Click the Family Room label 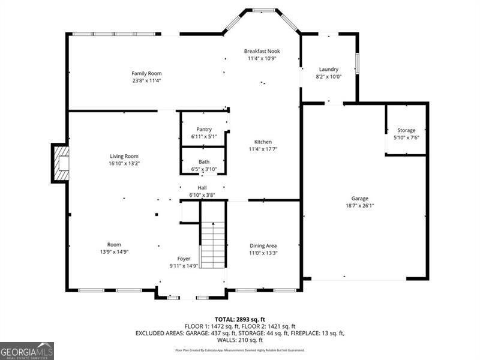[147, 73]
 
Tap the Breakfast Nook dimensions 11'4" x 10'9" [263, 59]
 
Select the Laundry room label [329, 69]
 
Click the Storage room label [406, 130]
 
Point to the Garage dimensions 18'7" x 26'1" [360, 206]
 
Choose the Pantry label [204, 129]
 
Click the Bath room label [204, 162]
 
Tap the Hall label [202, 187]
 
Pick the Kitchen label [263, 142]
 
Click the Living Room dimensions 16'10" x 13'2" [124, 164]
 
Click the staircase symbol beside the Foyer [212, 245]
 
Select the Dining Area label [263, 245]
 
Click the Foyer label [184, 258]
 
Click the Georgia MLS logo [27, 350]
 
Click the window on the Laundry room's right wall [357, 63]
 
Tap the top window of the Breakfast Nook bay [263, 10]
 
